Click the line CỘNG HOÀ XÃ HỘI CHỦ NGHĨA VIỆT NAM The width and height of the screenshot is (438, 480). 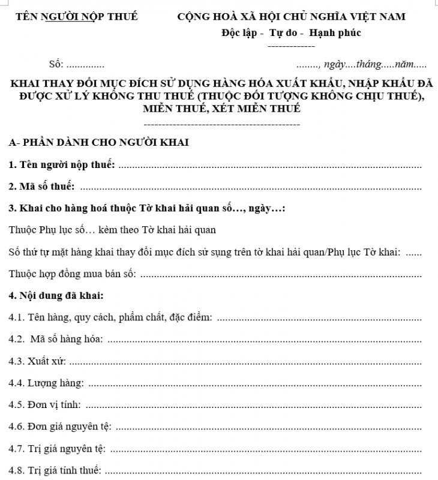pos(291,16)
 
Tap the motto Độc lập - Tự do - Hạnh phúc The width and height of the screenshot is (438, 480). pos(291,33)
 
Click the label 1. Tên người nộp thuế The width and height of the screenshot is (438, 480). pos(62,165)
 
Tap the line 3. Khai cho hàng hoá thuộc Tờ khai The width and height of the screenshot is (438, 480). pos(147,209)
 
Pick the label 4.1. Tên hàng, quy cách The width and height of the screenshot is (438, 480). pos(111,318)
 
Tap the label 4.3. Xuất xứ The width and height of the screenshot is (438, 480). pos(37,362)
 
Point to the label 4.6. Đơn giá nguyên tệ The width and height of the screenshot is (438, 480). pos(60,427)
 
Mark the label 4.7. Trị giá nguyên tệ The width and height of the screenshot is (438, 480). pos(58,448)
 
